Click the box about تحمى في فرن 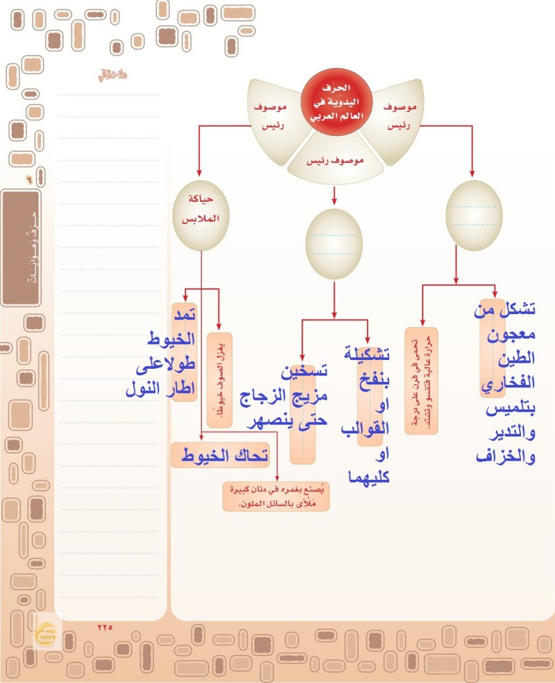click(421, 381)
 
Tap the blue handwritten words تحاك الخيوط click(220, 456)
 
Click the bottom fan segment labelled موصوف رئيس click(335, 160)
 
